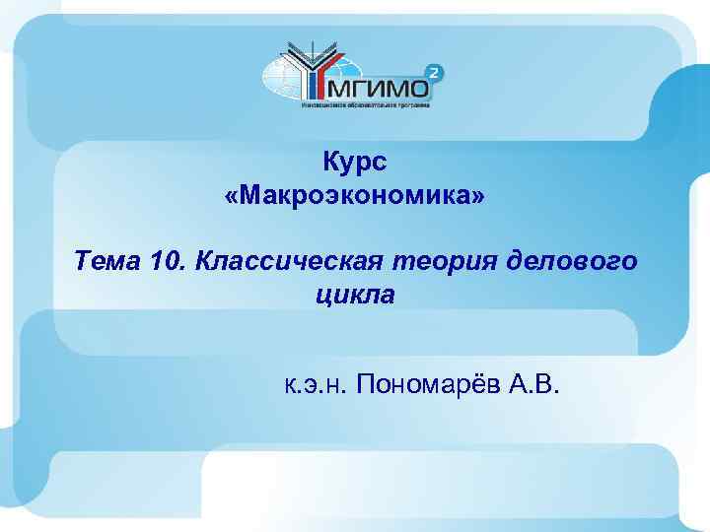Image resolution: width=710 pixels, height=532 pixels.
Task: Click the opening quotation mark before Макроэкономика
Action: point(232,198)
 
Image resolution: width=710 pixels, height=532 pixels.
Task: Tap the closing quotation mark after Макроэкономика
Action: point(479,198)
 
